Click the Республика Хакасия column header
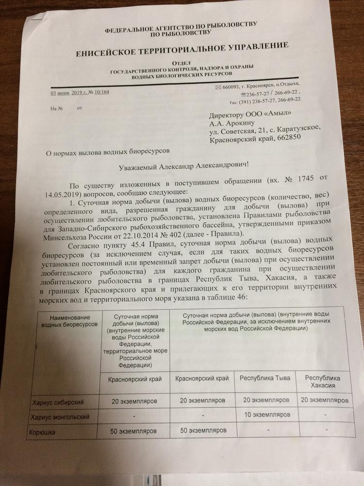[323, 382]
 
